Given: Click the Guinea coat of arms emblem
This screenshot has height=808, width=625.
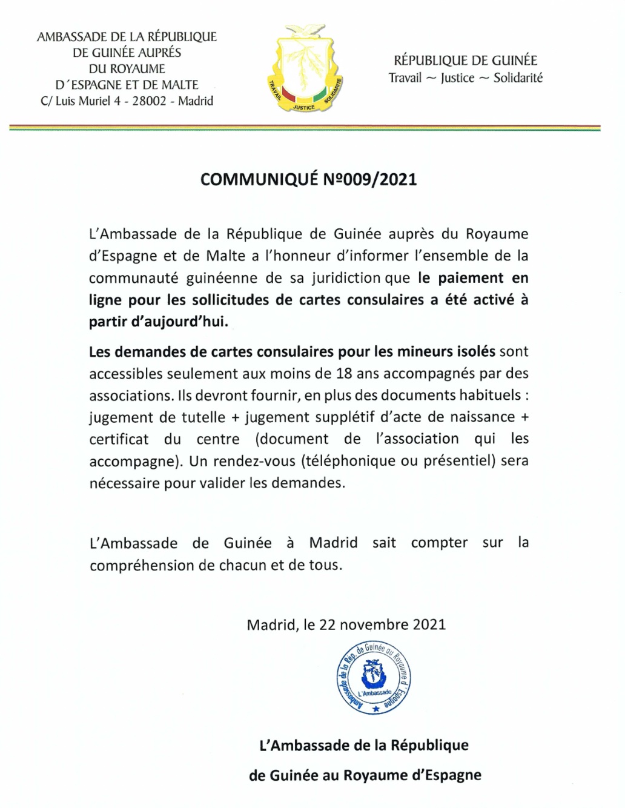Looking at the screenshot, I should pyautogui.click(x=305, y=69).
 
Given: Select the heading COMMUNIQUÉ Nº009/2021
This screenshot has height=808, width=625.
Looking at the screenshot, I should pyautogui.click(x=308, y=179).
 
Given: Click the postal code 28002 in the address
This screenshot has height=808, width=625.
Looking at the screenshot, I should pyautogui.click(x=149, y=101).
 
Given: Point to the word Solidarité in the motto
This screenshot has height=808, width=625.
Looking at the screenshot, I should pyautogui.click(x=518, y=78).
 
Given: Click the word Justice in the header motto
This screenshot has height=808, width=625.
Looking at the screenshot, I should pyautogui.click(x=457, y=78).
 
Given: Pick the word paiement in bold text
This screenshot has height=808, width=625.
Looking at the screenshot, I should pyautogui.click(x=471, y=278).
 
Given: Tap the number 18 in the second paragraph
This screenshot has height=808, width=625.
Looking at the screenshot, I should pyautogui.click(x=344, y=373).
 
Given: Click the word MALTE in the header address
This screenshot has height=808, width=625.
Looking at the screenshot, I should pyautogui.click(x=179, y=85).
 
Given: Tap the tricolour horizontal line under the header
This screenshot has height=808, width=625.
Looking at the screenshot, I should pyautogui.click(x=305, y=128).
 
